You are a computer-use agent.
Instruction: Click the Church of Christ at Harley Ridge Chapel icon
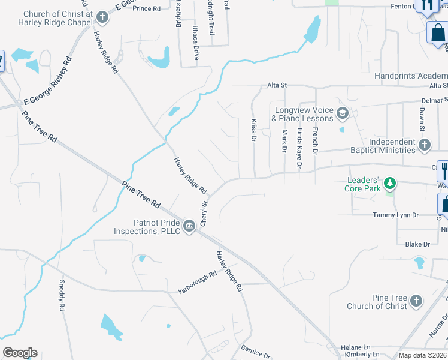pyautogui.click(x=102, y=17)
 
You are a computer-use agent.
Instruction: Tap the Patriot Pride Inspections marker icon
pyautogui.click(x=190, y=226)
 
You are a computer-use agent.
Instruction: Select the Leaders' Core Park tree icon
pyautogui.click(x=391, y=182)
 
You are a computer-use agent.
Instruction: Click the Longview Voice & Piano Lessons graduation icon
pyautogui.click(x=343, y=112)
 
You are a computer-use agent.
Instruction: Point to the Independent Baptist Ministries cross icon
pyautogui.click(x=424, y=144)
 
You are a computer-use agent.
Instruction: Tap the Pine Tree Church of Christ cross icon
pyautogui.click(x=416, y=301)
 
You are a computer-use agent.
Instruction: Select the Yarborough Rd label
pyautogui.click(x=197, y=284)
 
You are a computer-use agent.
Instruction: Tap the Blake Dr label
pyautogui.click(x=418, y=244)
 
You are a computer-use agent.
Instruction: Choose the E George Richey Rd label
pyautogui.click(x=47, y=82)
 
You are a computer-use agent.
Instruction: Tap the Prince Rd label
pyautogui.click(x=147, y=8)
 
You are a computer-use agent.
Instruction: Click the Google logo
pyautogui.click(x=20, y=353)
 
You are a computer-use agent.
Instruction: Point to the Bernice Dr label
pyautogui.click(x=256, y=351)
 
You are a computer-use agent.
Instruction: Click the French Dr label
pyautogui.click(x=316, y=139)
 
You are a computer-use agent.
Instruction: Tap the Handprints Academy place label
pyautogui.click(x=411, y=76)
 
